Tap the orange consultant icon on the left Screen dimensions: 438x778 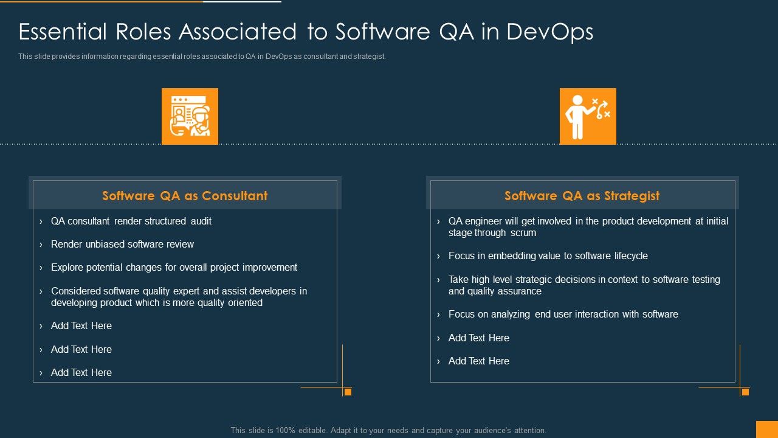click(x=190, y=116)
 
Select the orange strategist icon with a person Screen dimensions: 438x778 click(x=588, y=116)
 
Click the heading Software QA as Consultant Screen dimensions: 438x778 click(x=185, y=196)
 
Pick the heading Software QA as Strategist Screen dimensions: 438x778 click(x=582, y=196)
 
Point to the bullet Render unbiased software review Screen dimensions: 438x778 click(x=122, y=245)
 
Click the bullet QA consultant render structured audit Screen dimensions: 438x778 click(x=131, y=221)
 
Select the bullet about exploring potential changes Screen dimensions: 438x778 click(x=174, y=268)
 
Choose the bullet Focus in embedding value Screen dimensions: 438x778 click(x=548, y=256)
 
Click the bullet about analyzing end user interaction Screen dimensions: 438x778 click(x=563, y=315)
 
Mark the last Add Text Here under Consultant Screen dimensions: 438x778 click(x=81, y=373)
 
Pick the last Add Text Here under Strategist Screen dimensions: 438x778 click(x=478, y=361)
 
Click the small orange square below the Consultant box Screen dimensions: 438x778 click(x=348, y=392)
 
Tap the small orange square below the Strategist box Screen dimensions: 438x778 click(x=745, y=392)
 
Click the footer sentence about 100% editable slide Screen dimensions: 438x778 click(x=388, y=431)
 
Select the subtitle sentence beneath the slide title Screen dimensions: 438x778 click(x=202, y=57)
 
